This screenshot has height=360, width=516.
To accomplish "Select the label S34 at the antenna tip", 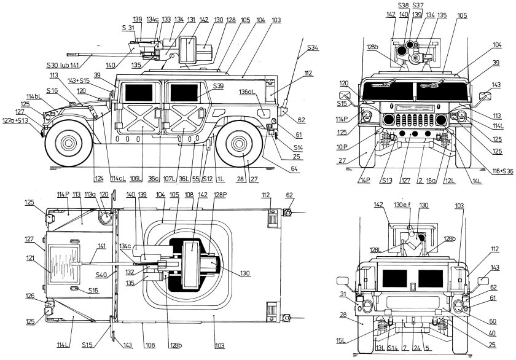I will [x=312, y=47].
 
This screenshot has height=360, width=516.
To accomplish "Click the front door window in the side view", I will [x=139, y=92].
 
